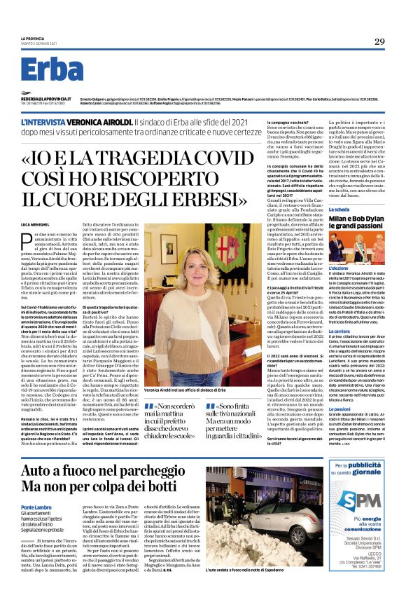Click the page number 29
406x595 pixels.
379,41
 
